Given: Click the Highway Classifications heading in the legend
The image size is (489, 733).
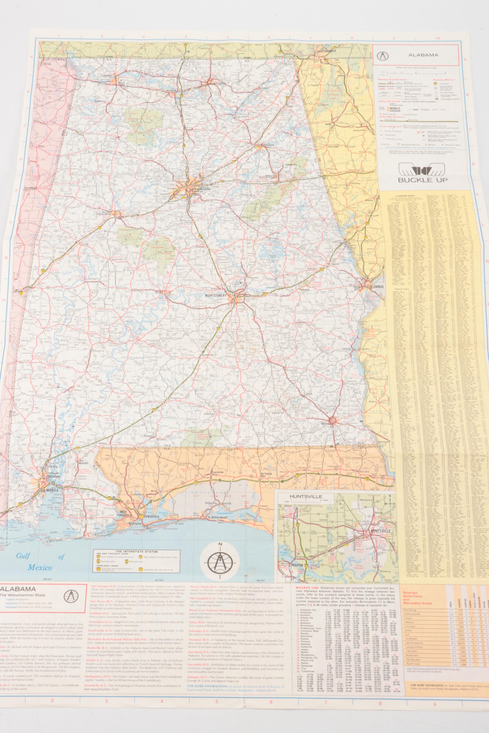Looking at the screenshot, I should click(x=391, y=80).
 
